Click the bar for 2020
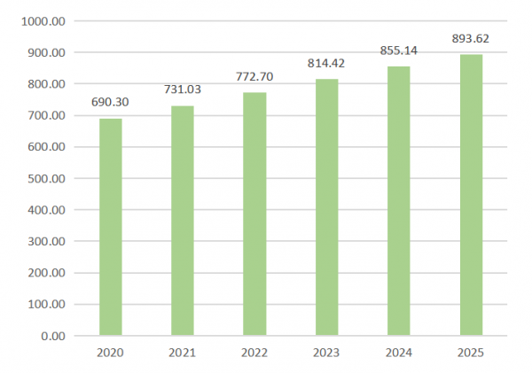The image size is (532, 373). [110, 227]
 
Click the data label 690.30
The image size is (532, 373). [110, 103]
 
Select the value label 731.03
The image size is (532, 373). [183, 89]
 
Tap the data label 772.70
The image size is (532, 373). [254, 77]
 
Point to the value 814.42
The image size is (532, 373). [326, 64]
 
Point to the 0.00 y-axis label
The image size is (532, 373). [52, 337]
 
